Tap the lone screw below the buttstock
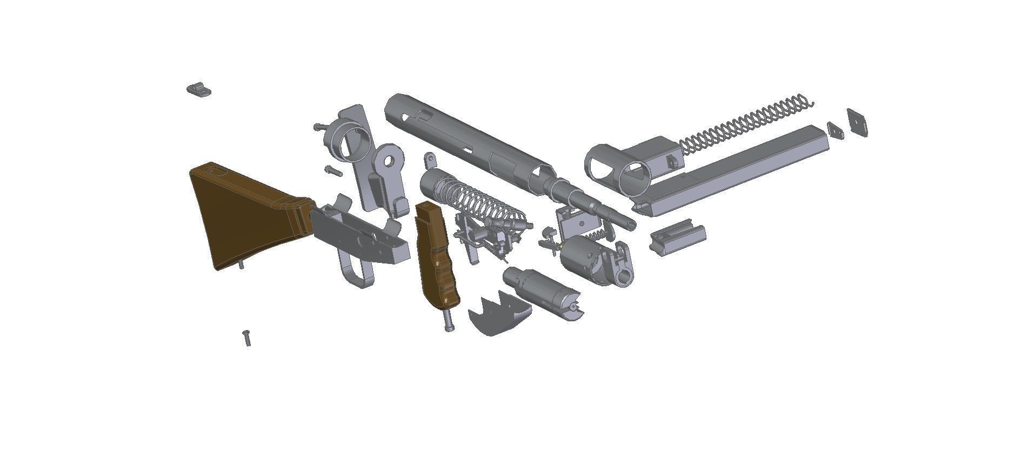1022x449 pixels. pyautogui.click(x=247, y=338)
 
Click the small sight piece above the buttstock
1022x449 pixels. pyautogui.click(x=199, y=89)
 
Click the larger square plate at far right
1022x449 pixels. pyautogui.click(x=857, y=122)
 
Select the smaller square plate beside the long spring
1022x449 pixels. pyautogui.click(x=835, y=130)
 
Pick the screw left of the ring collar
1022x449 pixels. pyautogui.click(x=320, y=127)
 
